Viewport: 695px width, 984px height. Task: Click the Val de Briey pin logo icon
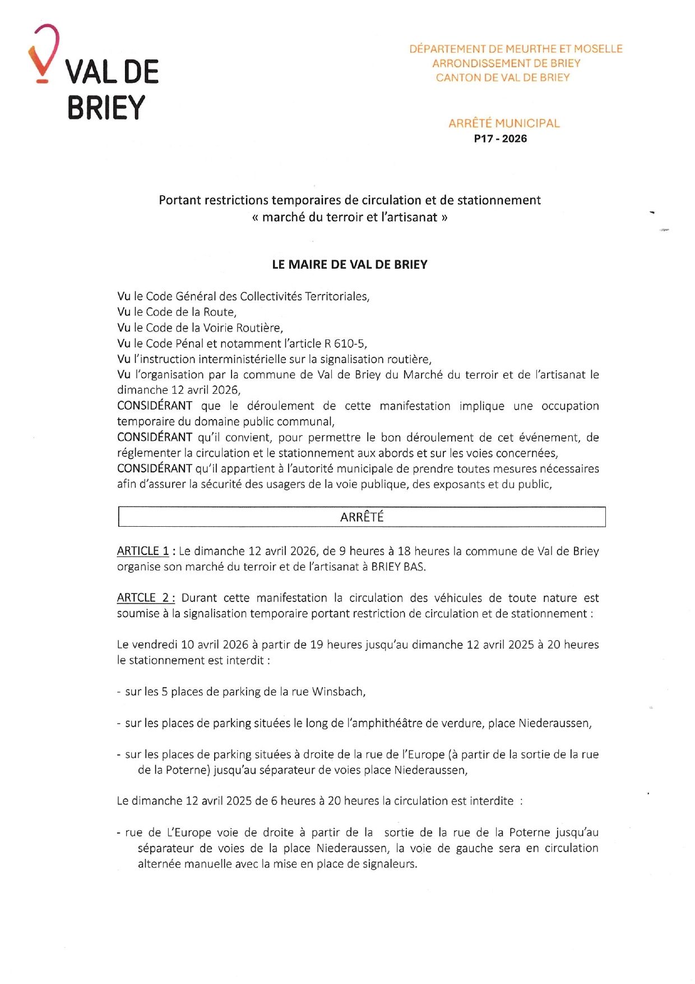pyautogui.click(x=43, y=54)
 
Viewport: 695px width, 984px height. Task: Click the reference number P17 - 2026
pyautogui.click(x=500, y=139)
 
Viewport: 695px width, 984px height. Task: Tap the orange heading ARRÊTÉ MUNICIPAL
pyautogui.click(x=504, y=123)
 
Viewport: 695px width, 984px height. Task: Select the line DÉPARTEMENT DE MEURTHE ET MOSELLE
pyautogui.click(x=516, y=49)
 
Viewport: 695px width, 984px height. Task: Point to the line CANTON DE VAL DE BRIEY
pyautogui.click(x=503, y=78)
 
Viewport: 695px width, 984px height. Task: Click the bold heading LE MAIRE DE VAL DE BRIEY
pyautogui.click(x=350, y=265)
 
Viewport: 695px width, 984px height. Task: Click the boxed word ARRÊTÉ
pyautogui.click(x=362, y=517)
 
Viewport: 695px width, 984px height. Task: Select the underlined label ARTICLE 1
pyautogui.click(x=143, y=551)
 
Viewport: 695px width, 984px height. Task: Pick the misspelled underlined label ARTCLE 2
pyautogui.click(x=145, y=599)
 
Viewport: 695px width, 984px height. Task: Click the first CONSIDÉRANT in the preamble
pyautogui.click(x=155, y=406)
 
